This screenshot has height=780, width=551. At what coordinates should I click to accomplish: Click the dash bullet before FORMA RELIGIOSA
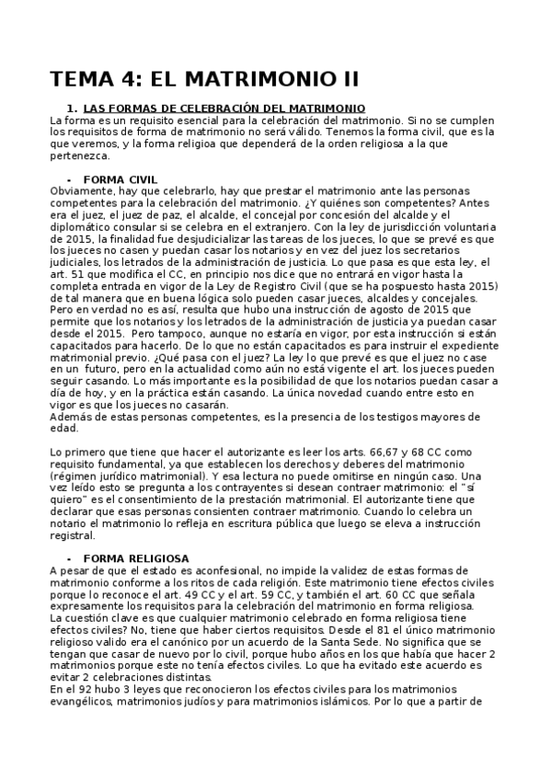[69, 558]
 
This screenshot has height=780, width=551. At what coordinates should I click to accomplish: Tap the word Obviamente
[81, 190]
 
